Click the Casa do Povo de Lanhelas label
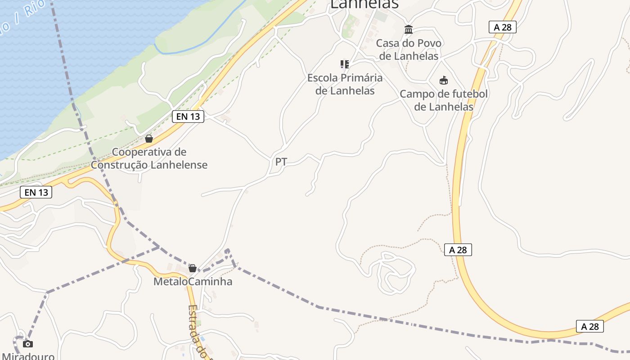409,49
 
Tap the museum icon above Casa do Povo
409,30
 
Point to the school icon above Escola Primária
345,64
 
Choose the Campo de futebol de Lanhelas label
444,100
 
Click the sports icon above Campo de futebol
444,81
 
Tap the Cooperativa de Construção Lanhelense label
149,158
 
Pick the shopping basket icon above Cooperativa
149,139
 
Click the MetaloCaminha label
193,282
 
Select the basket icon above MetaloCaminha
193,268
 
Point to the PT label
281,162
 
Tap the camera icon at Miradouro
28,344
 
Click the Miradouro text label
28,356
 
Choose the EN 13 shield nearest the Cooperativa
188,117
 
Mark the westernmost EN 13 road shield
36,192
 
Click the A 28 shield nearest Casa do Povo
503,27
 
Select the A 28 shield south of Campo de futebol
458,250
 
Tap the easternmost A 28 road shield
590,326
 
